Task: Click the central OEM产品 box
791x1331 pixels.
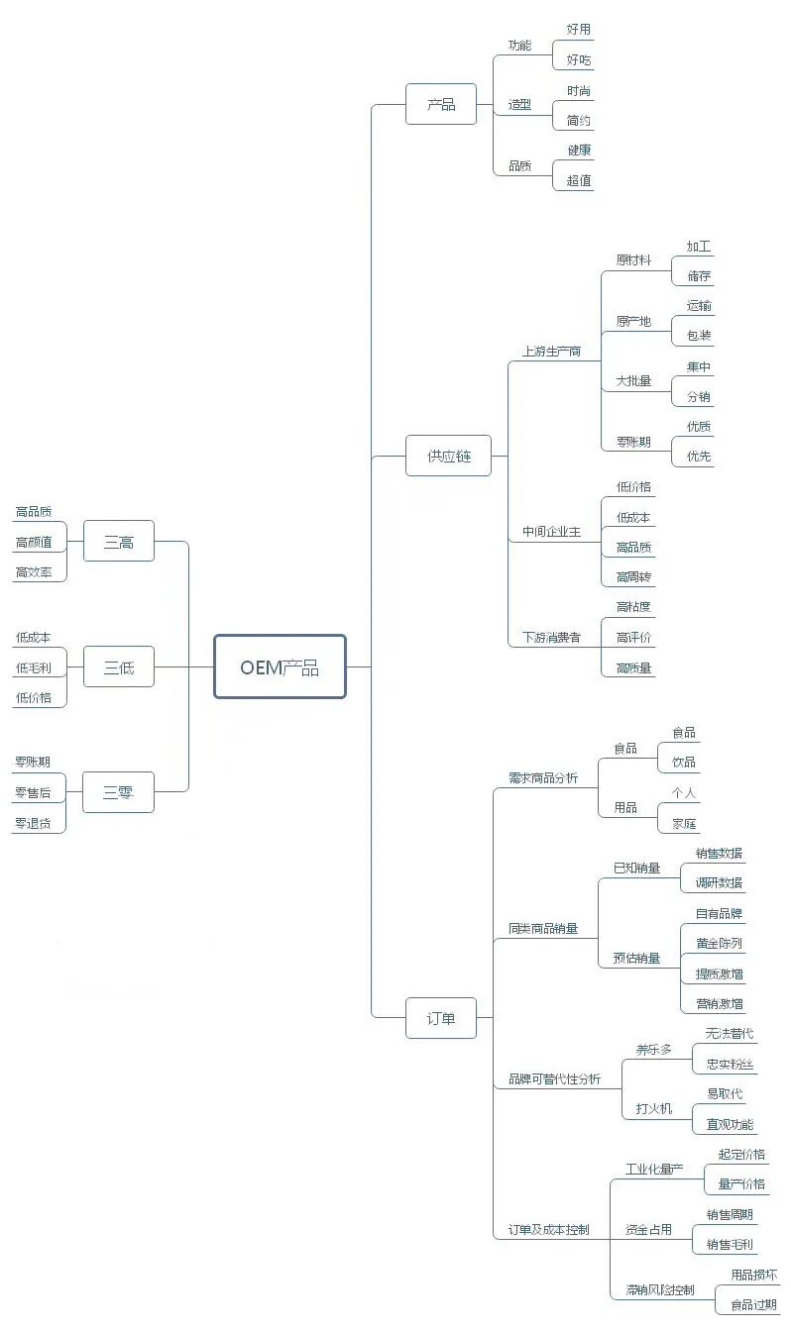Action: tap(280, 666)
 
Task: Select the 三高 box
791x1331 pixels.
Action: tap(119, 542)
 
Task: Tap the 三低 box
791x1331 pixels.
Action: tap(119, 667)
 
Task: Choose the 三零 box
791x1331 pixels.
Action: tap(119, 792)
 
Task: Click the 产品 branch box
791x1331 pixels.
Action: tap(441, 104)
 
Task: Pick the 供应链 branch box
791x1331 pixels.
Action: tap(448, 456)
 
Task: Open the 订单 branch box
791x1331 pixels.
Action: tap(441, 1017)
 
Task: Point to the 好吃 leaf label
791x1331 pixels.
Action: tap(579, 60)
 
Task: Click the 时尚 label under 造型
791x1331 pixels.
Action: tap(579, 90)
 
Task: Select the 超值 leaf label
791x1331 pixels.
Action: tap(579, 180)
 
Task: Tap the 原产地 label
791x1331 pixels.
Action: tap(633, 321)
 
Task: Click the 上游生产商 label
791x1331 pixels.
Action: tap(551, 351)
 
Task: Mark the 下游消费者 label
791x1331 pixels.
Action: tap(551, 637)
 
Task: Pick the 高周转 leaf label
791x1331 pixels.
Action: tap(633, 576)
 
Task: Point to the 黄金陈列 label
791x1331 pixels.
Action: tap(719, 943)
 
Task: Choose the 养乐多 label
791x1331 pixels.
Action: tap(653, 1049)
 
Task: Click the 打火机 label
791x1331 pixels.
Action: tap(653, 1108)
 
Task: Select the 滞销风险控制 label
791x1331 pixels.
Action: tap(660, 1290)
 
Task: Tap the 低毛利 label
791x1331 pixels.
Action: tap(33, 667)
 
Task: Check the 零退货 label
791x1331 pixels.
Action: tap(33, 823)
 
